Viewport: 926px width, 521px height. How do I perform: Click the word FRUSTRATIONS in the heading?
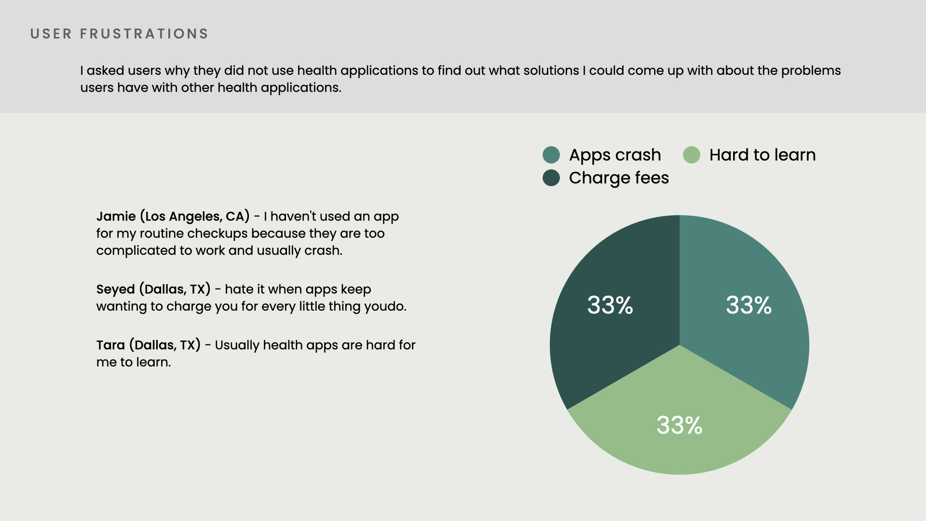(144, 34)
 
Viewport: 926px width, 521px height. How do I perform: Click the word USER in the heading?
(51, 34)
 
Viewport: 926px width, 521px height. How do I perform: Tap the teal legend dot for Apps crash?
(551, 155)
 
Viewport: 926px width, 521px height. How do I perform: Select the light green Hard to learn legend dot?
(692, 155)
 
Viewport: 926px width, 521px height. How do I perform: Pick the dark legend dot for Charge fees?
(551, 178)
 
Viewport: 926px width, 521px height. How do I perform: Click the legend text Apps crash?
(615, 155)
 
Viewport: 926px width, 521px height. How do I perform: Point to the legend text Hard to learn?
(763, 155)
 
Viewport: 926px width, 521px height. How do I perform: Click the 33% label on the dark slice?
(610, 305)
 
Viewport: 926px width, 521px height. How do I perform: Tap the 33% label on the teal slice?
(749, 305)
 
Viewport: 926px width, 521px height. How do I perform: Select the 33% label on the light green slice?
(680, 425)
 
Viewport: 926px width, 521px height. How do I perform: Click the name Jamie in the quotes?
(116, 217)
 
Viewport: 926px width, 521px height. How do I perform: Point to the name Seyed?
(116, 290)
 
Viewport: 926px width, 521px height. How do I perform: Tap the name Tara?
(110, 345)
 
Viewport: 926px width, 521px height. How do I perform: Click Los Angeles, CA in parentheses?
(195, 217)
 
